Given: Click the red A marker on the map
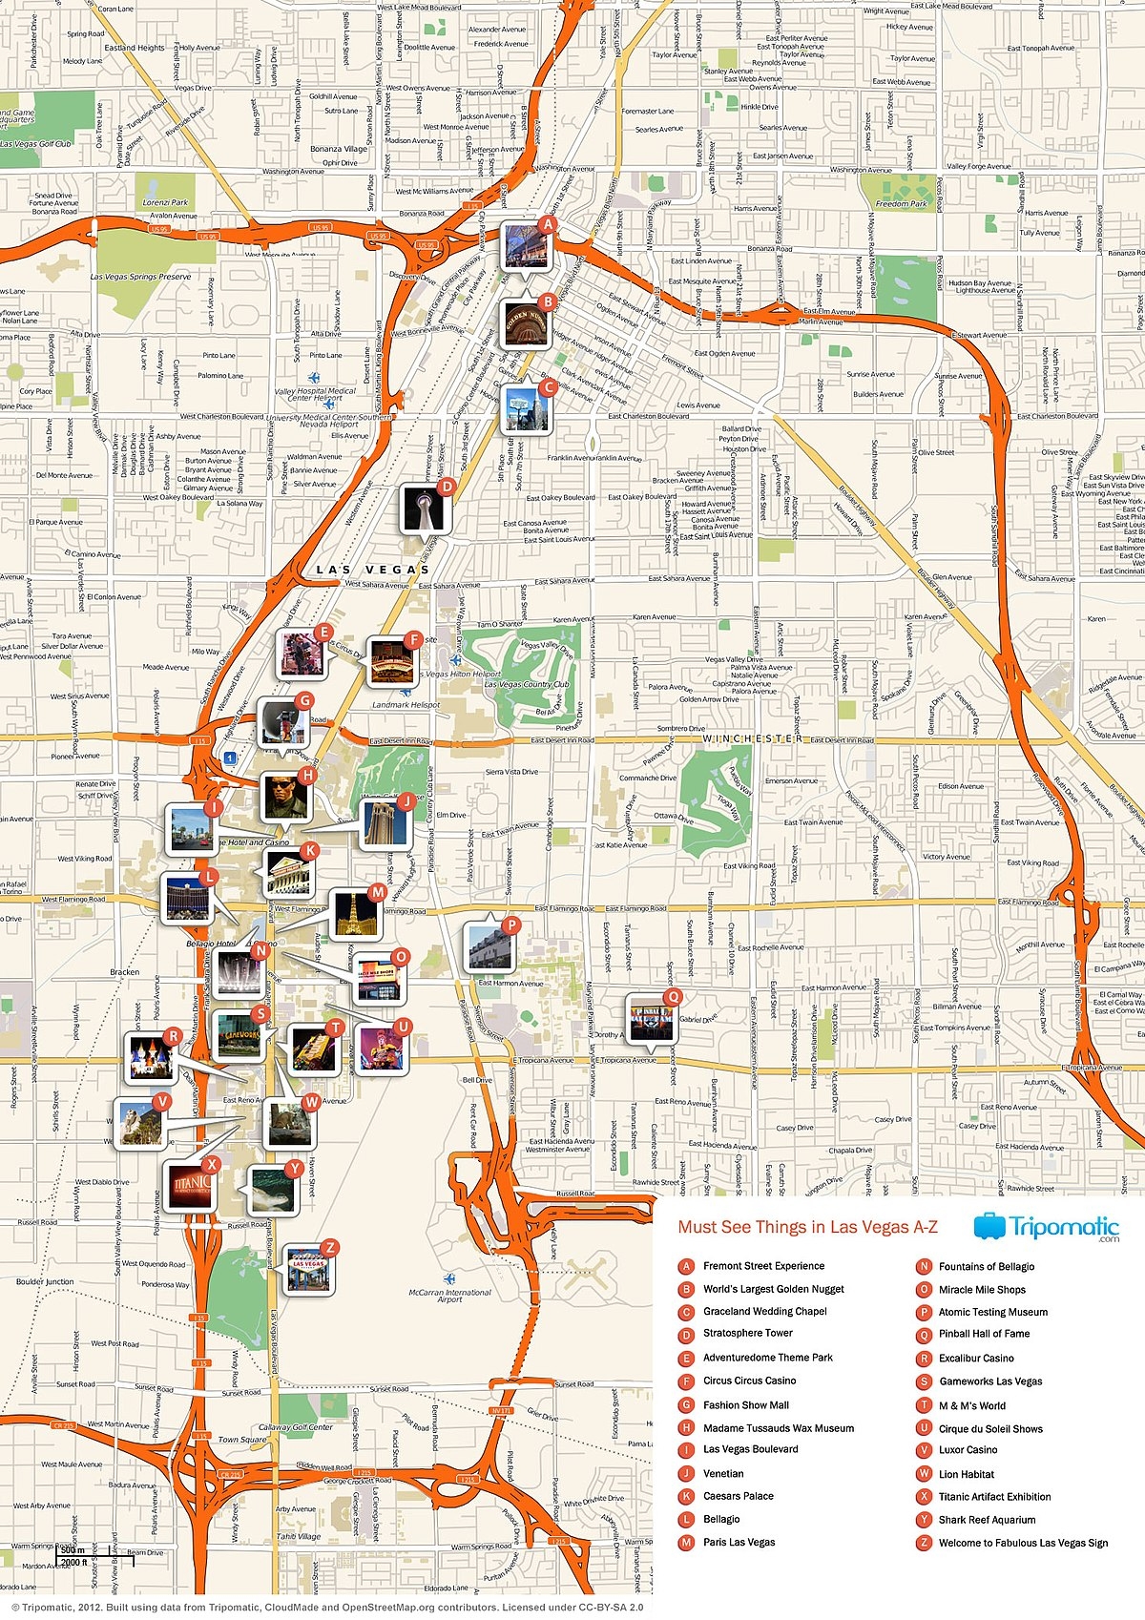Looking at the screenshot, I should (x=547, y=225).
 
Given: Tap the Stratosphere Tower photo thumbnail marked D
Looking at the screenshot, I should (x=423, y=508).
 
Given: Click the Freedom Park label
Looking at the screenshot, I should (x=901, y=204).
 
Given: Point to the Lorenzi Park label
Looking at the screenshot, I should (x=166, y=203).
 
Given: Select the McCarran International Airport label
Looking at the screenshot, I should (x=449, y=1296).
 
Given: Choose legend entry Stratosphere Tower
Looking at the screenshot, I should (x=747, y=1334).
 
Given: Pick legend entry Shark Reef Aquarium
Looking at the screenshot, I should (x=986, y=1520).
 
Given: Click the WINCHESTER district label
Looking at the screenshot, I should (x=753, y=739).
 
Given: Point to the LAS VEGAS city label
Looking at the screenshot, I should (x=373, y=570).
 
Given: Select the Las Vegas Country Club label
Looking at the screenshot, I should (x=526, y=684).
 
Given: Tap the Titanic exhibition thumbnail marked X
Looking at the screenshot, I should (x=190, y=1186).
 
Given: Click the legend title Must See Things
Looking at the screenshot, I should (x=807, y=1227).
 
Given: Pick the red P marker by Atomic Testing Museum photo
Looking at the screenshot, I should (x=511, y=924).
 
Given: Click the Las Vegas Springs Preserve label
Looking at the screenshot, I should (x=141, y=277).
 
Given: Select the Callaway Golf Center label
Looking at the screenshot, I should (x=296, y=1427).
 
